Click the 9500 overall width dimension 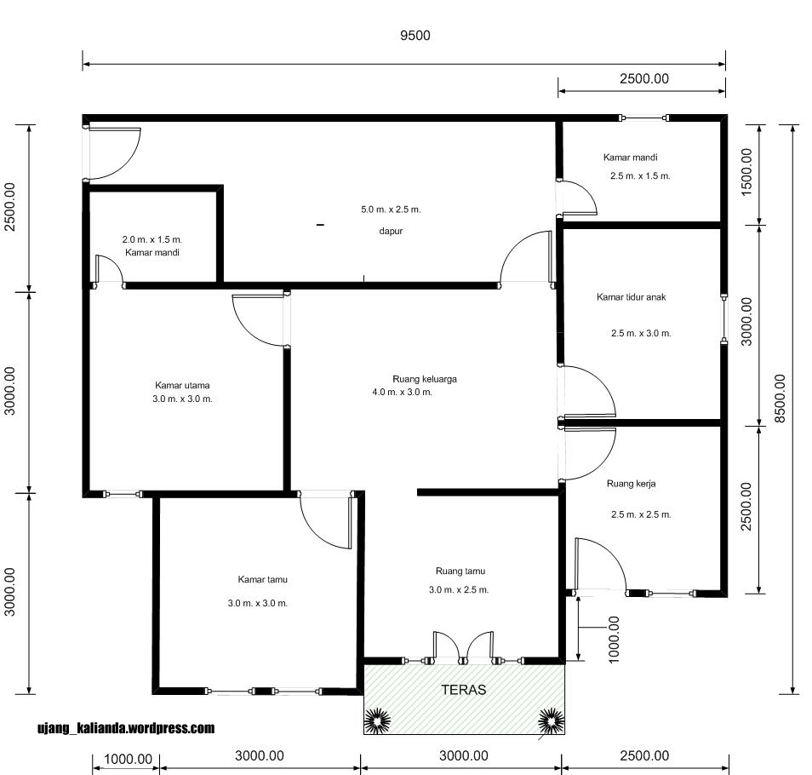415,35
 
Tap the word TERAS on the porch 464,690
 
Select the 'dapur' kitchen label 391,231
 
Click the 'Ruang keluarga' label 425,379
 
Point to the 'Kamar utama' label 182,385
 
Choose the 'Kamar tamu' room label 262,579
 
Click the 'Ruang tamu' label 460,571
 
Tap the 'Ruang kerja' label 632,484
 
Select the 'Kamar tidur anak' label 632,297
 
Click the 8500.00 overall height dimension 780,398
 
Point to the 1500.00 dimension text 746,172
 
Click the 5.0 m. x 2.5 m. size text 391,210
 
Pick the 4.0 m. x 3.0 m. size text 403,392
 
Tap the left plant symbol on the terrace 378,720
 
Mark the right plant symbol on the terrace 551,720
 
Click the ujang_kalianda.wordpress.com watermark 126,728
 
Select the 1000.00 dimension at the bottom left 128,759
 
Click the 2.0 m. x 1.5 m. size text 152,239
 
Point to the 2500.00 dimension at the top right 644,78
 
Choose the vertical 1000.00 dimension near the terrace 613,640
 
